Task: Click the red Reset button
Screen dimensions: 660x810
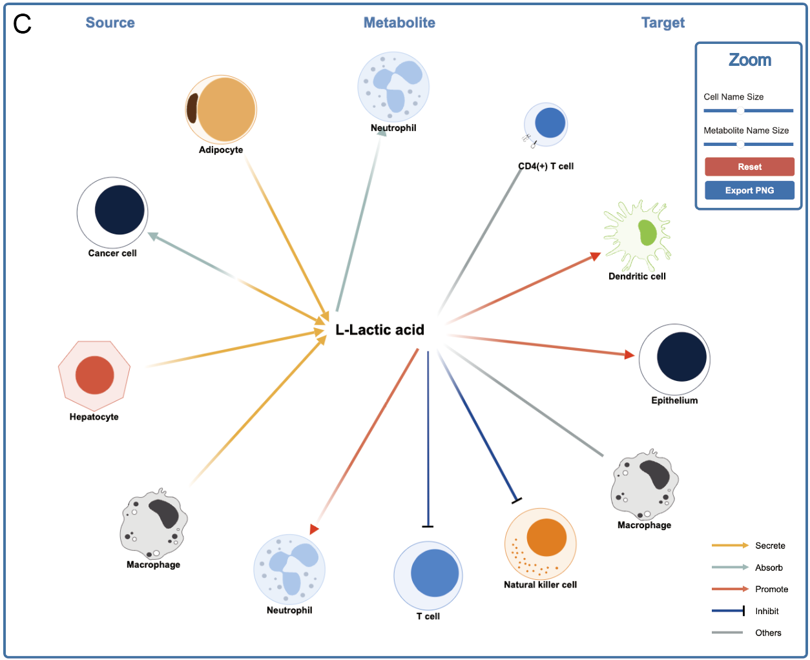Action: (749, 167)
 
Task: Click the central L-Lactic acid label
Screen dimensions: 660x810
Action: (380, 330)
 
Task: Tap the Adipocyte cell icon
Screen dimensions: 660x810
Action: (222, 109)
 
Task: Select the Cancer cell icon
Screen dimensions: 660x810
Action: (113, 212)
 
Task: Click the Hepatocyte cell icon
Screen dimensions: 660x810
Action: (94, 375)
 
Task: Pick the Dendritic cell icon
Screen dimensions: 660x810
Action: (638, 235)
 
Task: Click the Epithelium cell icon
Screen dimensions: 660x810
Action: (675, 358)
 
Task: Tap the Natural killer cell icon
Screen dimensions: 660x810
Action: (541, 543)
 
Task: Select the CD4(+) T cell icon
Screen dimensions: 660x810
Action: (546, 124)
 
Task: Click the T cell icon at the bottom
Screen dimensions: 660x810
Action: (428, 575)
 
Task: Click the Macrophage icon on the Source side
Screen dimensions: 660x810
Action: (154, 524)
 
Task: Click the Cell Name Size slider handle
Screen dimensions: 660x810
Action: (740, 110)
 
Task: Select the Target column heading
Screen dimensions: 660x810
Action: (663, 23)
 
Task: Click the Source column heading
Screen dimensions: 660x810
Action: (110, 23)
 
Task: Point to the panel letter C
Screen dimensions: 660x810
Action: (23, 25)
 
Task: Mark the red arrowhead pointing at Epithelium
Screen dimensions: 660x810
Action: (630, 355)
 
